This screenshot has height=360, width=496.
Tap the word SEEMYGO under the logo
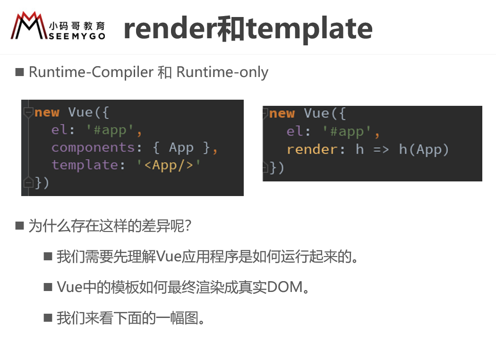(x=77, y=36)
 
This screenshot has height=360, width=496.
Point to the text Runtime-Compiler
(x=91, y=72)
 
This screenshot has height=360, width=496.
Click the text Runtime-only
(x=222, y=72)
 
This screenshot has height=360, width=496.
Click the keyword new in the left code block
(x=47, y=112)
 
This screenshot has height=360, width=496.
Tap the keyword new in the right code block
(x=282, y=113)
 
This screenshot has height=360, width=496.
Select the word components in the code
(x=93, y=147)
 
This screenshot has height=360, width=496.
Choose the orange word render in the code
(x=312, y=150)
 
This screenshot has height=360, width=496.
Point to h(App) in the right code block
(x=424, y=150)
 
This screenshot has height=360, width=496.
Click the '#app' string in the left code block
(x=114, y=130)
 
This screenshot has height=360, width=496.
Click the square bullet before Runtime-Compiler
(x=19, y=72)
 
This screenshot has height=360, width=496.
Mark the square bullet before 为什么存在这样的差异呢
(x=19, y=226)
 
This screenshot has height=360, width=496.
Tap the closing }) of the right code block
(x=276, y=167)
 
